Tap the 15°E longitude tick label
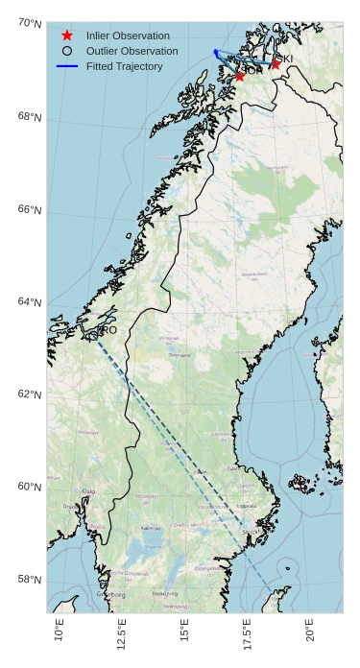[185, 632]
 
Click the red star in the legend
[66, 36]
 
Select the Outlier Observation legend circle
[66, 51]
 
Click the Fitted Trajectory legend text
[125, 66]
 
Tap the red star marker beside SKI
[276, 64]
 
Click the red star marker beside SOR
[240, 76]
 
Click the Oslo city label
[89, 491]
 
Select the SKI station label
[285, 60]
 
